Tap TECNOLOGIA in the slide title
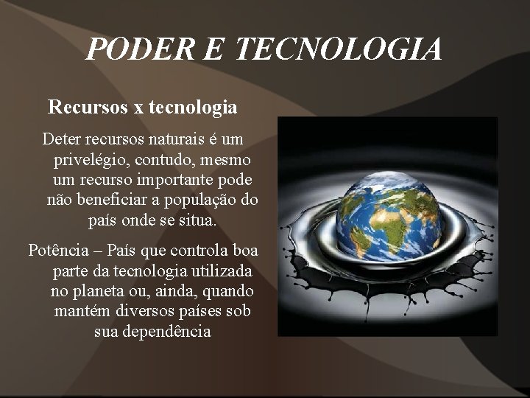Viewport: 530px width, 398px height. tap(339, 49)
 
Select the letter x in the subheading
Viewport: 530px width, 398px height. tap(138, 108)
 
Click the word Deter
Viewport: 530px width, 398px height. tap(62, 139)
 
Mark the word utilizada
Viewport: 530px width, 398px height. tap(217, 270)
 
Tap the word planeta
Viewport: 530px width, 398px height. tap(99, 290)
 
